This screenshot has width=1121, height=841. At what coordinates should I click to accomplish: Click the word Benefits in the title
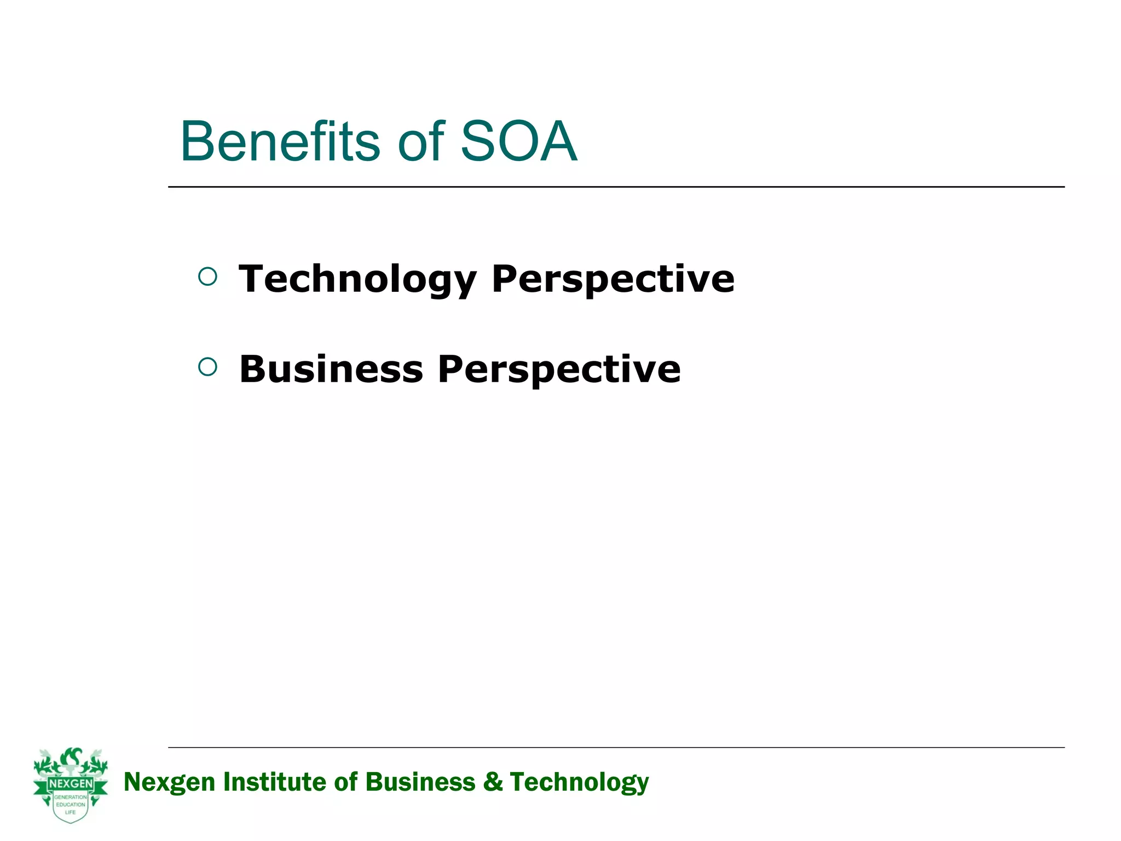(280, 142)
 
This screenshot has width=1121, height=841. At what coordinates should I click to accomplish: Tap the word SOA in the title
(518, 142)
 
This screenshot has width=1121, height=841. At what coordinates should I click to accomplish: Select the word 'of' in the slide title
(420, 142)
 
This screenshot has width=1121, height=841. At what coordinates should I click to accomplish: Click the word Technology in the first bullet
(357, 279)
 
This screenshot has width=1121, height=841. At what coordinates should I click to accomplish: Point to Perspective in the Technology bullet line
(612, 279)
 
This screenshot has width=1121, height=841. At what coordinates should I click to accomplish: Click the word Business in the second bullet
(331, 369)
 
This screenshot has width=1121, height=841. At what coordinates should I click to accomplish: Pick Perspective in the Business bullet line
(559, 369)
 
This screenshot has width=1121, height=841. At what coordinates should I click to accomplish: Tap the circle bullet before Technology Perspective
(207, 277)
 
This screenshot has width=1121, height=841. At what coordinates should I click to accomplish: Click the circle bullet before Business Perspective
(207, 367)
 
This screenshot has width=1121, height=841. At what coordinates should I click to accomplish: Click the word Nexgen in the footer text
(169, 782)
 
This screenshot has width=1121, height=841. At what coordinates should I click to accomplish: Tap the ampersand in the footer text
(493, 782)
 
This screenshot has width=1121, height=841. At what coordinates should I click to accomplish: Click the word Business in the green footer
(420, 782)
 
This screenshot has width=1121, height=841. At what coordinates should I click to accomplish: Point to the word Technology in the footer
(579, 782)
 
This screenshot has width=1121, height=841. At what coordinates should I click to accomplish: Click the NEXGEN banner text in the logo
(71, 784)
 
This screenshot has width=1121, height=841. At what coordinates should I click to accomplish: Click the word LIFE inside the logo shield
(70, 813)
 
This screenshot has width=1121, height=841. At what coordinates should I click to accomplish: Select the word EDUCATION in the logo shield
(71, 805)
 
